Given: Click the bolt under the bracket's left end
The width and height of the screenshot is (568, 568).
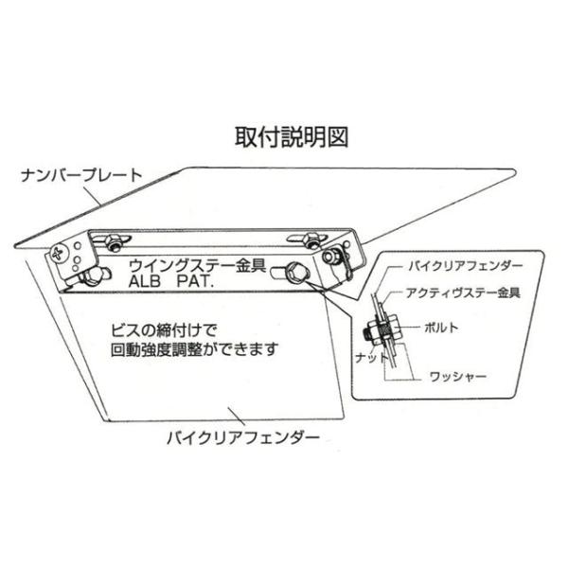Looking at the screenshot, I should click(91, 276).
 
